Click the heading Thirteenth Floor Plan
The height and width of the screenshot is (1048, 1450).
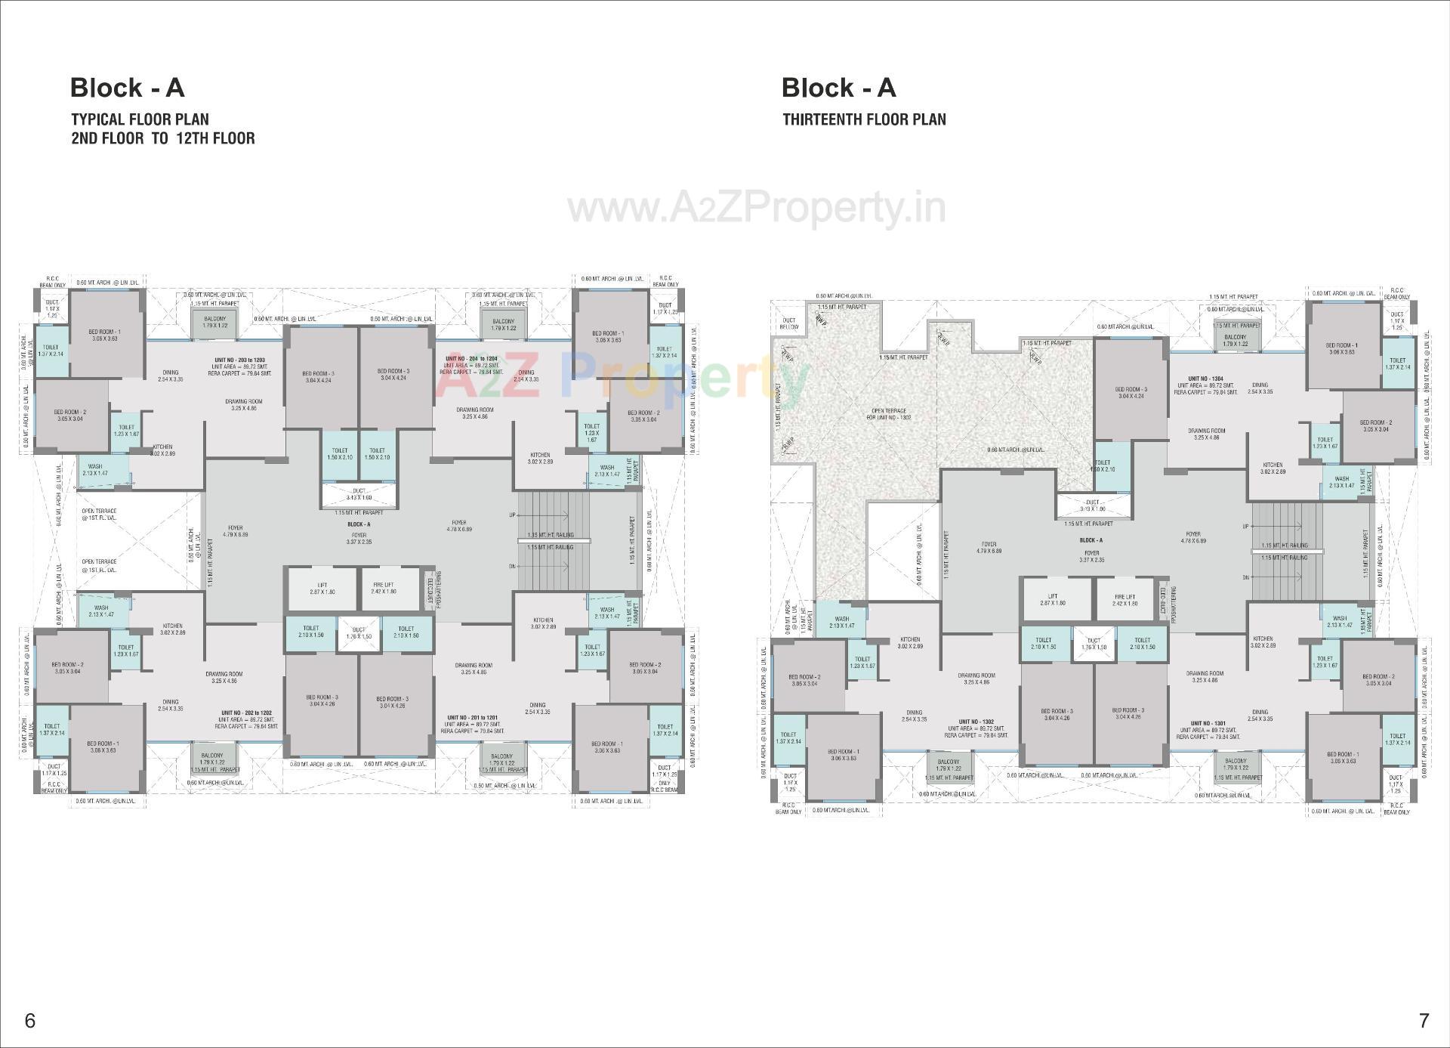864,119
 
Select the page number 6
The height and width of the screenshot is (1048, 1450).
30,1021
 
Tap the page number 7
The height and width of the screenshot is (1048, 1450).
1424,1021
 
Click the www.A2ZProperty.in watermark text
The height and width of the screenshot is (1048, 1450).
757,207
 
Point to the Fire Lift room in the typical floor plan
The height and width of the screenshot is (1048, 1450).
383,588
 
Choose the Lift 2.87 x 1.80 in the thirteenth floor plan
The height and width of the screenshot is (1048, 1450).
1053,599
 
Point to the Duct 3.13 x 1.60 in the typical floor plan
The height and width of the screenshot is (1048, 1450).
359,494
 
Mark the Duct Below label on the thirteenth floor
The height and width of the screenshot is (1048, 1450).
789,324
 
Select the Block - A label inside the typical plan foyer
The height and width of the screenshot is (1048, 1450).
359,524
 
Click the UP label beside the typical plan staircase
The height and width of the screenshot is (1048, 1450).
513,514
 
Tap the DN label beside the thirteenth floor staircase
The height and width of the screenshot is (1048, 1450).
1245,577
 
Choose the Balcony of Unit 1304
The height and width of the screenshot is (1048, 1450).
1236,340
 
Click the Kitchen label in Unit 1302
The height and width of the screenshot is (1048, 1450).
909,642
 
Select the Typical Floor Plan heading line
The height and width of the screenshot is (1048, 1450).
140,119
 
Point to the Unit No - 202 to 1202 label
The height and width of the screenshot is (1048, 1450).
246,713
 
